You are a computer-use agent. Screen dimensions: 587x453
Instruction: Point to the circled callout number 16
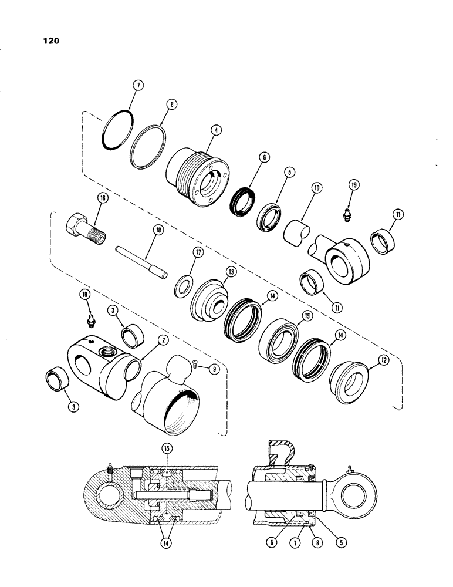pos(103,200)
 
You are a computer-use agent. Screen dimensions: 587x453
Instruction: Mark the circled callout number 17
pos(198,253)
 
